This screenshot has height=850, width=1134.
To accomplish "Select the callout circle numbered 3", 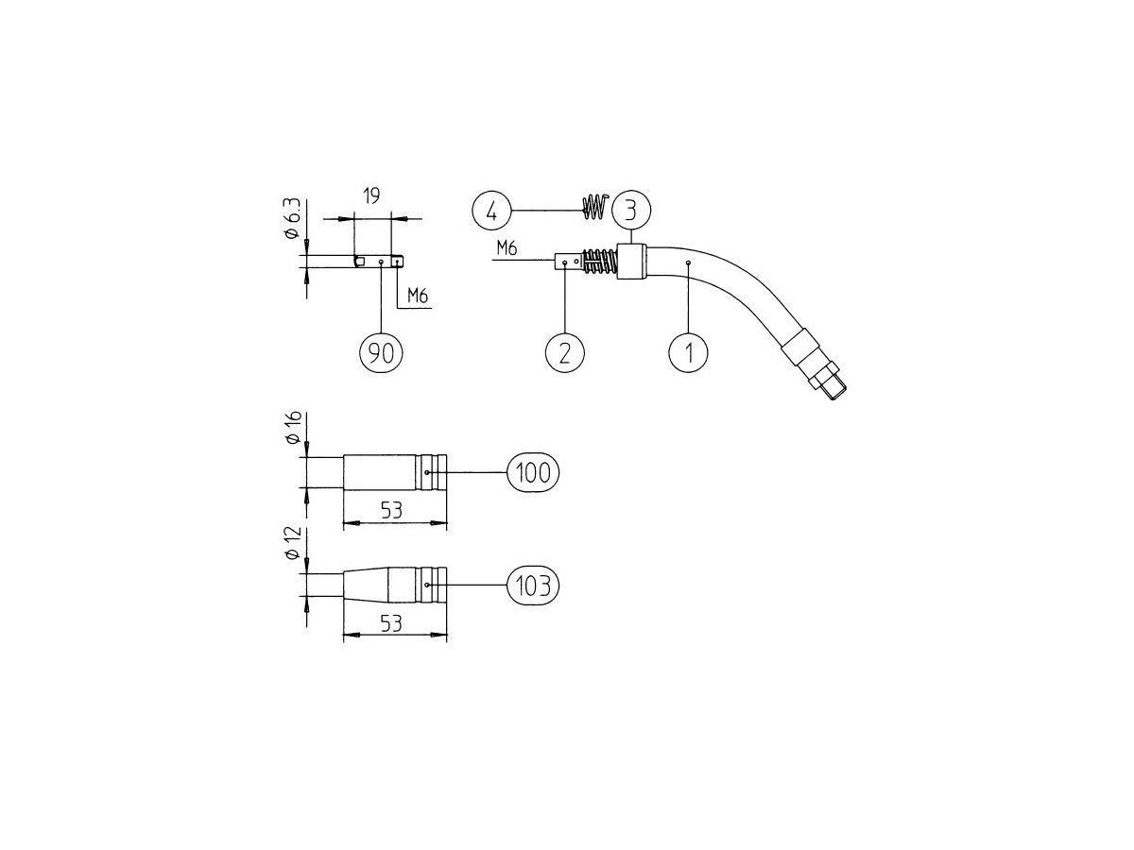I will pos(630,208).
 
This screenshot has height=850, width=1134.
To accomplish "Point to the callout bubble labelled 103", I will pos(534,586).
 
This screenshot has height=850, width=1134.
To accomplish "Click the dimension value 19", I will pos(371,197).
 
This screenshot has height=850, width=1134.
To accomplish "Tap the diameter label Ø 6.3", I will pos(294,219).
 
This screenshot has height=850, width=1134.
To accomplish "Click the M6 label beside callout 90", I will pos(418,297).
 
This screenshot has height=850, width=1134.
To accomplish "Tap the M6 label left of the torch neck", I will pos(507,247).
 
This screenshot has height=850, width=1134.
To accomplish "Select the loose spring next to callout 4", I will pos(593,208).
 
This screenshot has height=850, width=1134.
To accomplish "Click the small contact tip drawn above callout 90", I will pos(379,261).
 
